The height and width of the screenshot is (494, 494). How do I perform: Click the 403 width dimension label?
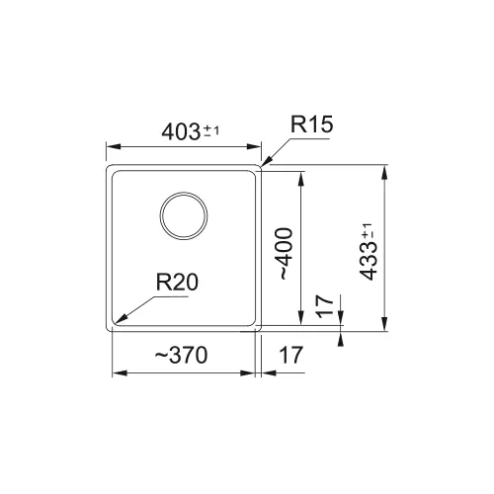point(181,131)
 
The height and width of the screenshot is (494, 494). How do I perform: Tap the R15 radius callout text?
point(311,124)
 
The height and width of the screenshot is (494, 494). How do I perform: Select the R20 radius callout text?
point(177,283)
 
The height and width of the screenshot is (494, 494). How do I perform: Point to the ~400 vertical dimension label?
point(283,254)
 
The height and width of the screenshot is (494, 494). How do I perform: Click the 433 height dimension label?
point(368,262)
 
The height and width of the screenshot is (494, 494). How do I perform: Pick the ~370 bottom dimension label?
point(181,355)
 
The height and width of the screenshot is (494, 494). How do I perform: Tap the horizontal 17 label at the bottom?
point(290,355)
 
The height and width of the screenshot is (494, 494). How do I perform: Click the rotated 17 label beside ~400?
point(325,306)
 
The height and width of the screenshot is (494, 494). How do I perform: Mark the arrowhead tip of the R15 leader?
point(261,166)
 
